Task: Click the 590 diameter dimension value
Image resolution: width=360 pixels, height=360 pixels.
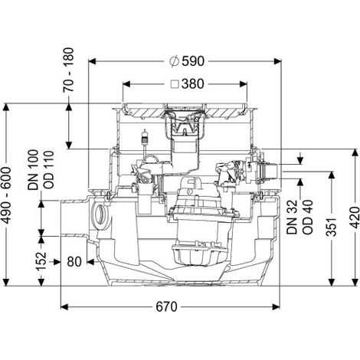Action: coord(193,61)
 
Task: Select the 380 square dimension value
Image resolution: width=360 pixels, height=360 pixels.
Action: coord(193,84)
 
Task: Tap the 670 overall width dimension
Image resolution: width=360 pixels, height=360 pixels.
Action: coord(166,306)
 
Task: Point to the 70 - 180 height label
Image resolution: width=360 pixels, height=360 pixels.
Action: coord(68,70)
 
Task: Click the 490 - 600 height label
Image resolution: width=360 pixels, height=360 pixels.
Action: coord(7,195)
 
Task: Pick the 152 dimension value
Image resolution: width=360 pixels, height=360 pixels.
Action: coord(41,261)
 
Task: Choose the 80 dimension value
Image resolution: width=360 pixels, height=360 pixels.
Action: coord(74,262)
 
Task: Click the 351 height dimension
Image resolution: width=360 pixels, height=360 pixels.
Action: coord(332,227)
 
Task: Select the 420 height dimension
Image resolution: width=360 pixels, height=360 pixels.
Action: coord(355,218)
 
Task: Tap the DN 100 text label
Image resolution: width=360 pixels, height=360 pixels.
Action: coord(33,170)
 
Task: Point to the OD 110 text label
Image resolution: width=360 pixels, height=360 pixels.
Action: coord(49,170)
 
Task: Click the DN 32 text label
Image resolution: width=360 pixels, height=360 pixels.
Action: coord(292,217)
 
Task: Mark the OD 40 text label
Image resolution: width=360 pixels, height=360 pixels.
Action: coord(308,217)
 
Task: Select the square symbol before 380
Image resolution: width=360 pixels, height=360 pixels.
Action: coord(175,84)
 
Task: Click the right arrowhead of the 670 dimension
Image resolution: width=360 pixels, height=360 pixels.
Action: coord(276,306)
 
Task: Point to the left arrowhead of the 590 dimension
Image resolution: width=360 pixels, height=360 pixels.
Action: coord(92,61)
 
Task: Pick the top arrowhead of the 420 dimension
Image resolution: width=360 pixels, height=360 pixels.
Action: coord(355,152)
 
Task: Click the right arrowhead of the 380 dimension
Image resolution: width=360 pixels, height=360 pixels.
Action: coord(243,84)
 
